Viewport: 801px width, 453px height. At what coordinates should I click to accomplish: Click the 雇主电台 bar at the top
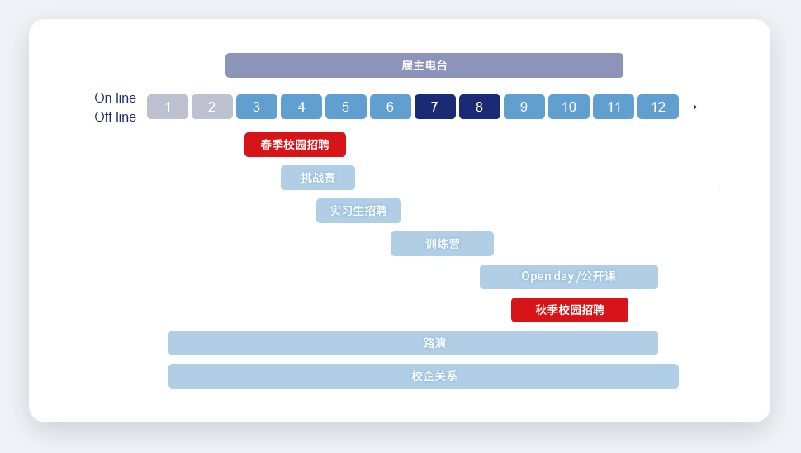(424, 65)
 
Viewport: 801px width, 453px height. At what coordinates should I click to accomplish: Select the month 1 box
(168, 107)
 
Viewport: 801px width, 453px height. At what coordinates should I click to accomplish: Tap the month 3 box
(257, 107)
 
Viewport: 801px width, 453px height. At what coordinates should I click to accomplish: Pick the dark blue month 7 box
(435, 107)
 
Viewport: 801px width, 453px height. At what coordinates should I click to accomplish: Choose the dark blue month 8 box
(480, 107)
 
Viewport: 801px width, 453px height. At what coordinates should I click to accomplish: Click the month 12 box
(658, 107)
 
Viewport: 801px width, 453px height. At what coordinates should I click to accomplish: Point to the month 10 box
(569, 107)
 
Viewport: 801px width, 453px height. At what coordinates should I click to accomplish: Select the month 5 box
(346, 107)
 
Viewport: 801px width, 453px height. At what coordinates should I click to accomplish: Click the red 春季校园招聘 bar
(295, 145)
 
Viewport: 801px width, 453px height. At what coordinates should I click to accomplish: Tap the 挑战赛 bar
(318, 178)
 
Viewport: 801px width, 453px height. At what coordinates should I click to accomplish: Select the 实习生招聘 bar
(358, 211)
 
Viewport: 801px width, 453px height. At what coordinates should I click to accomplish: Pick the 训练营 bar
(442, 244)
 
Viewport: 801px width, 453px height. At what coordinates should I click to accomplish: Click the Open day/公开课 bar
(568, 277)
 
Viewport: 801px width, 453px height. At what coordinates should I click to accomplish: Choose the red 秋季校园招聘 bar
(570, 310)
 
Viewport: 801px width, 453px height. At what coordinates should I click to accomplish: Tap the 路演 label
(434, 343)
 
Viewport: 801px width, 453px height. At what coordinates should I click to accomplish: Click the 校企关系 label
(434, 376)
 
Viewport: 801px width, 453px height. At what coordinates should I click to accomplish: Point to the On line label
(116, 98)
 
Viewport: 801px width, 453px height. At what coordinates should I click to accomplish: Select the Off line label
(116, 117)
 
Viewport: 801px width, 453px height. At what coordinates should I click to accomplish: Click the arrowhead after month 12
(694, 107)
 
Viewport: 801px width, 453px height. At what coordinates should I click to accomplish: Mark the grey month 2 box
(212, 107)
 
